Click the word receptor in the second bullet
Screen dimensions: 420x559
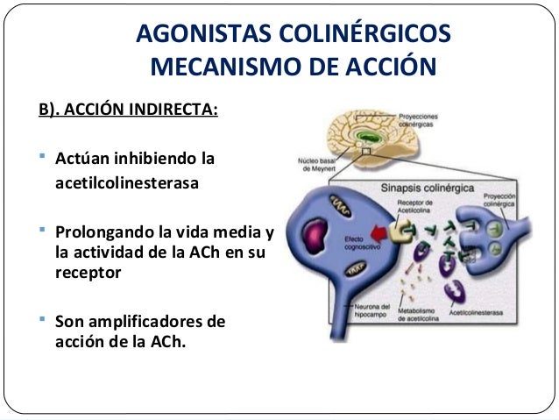(86, 272)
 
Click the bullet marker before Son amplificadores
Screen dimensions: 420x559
(44, 321)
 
